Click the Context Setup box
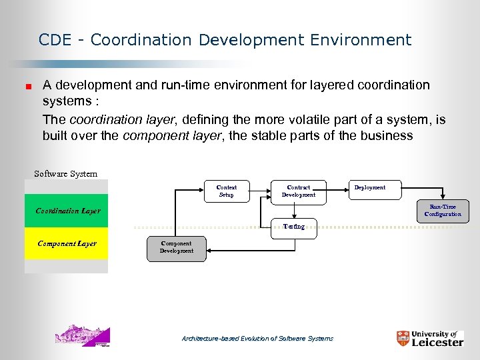pos(227,191)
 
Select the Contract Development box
pos(298,191)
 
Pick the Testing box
pos(293,227)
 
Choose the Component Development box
pos(177,247)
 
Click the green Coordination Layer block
pos(66,211)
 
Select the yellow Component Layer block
pos(66,244)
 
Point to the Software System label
pos(65,174)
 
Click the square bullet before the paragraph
pos(29,86)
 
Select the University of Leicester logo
pos(429,338)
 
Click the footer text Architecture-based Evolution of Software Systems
pos(257,339)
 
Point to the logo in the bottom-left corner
pos(83,335)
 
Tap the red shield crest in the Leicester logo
pos(402,339)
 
